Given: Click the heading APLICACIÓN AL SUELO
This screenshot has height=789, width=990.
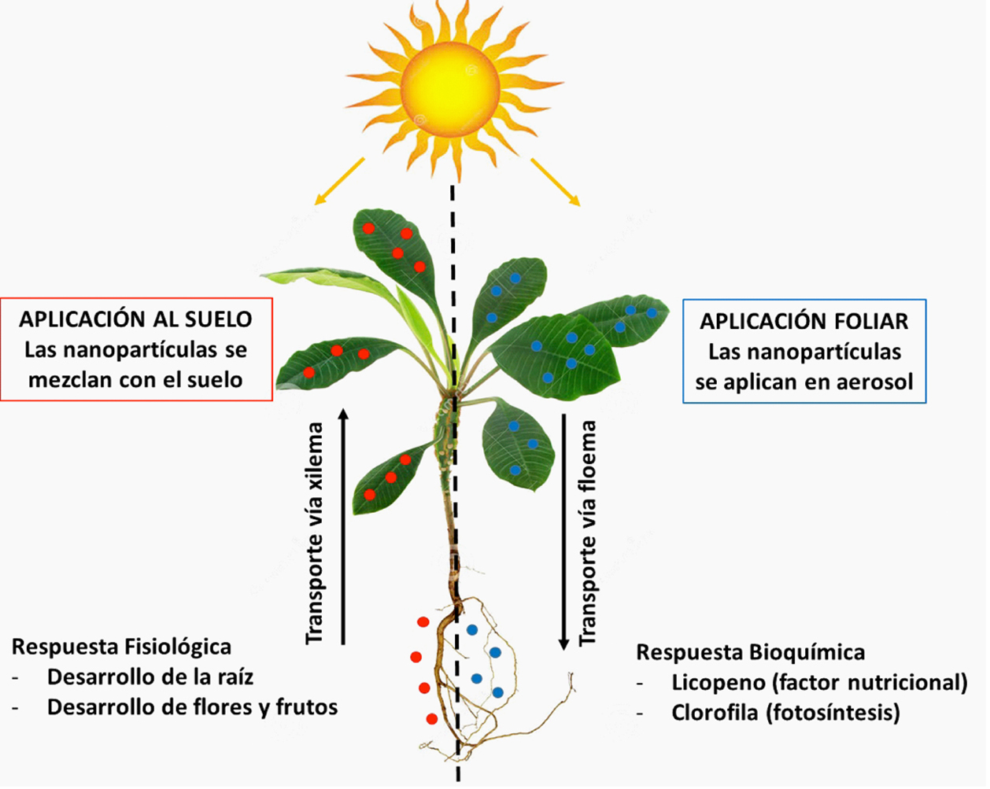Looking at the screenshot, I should click(135, 319).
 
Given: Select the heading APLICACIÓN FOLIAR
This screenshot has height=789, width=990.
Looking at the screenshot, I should click(804, 322).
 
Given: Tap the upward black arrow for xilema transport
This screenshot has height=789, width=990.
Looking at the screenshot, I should click(343, 527).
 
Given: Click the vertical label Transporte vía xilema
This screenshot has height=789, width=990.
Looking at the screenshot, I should click(315, 533).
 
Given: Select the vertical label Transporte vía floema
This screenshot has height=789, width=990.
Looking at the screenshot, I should click(588, 533).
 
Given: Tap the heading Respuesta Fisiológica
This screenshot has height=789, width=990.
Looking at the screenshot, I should click(121, 647).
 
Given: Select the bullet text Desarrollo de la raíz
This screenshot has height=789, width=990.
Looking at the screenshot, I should click(150, 677).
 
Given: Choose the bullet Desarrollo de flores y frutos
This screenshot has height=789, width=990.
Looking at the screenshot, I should click(192, 708).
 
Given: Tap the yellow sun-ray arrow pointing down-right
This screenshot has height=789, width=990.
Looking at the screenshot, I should click(556, 182).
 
